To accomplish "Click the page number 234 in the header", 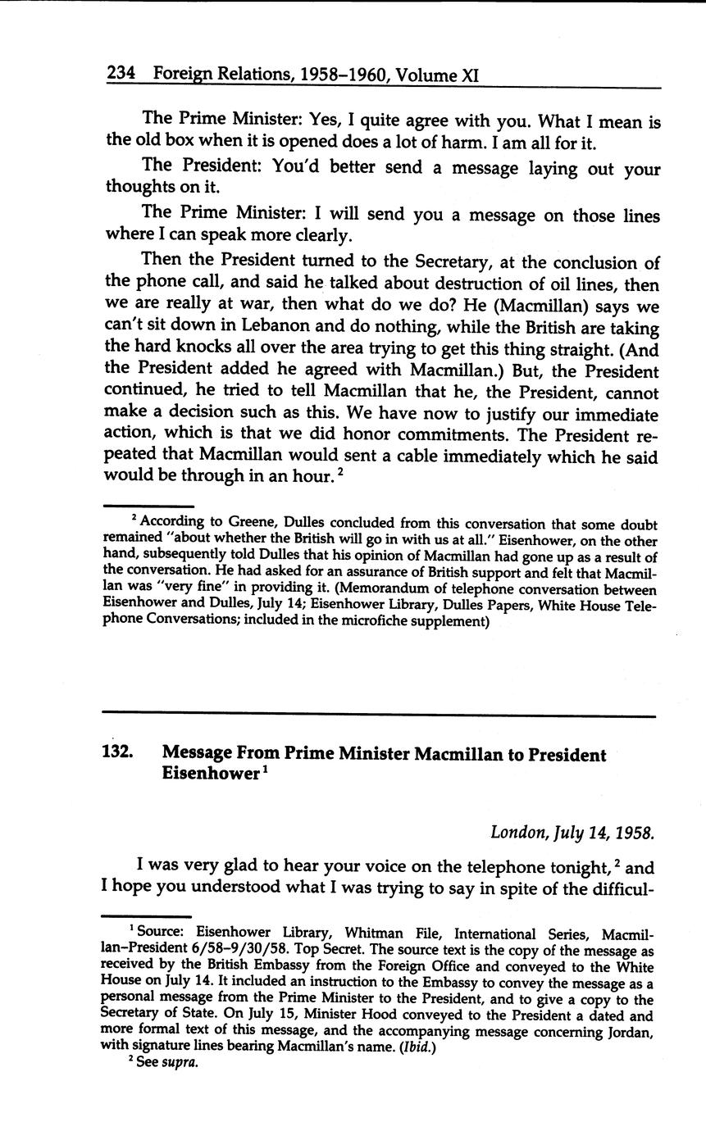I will click(x=121, y=75).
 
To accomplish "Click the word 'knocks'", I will click(x=204, y=350).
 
